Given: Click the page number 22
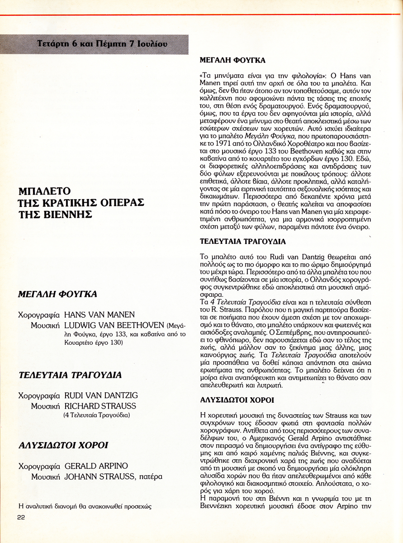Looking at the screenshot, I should (x=21, y=518).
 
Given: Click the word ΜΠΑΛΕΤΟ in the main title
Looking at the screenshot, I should (x=45, y=191).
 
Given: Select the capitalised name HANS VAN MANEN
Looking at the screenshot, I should (x=100, y=314).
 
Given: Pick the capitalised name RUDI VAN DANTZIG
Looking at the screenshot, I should (x=101, y=395).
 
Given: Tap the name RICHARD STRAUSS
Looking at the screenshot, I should (x=100, y=406).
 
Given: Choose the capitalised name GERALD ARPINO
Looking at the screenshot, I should (x=96, y=466).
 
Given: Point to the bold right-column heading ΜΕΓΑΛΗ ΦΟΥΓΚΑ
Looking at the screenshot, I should (x=232, y=60).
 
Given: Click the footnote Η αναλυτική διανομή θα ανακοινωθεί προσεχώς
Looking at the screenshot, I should (x=84, y=506).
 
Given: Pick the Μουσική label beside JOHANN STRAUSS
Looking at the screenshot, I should (x=46, y=476).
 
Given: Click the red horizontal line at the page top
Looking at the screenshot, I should (x=201, y=15).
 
